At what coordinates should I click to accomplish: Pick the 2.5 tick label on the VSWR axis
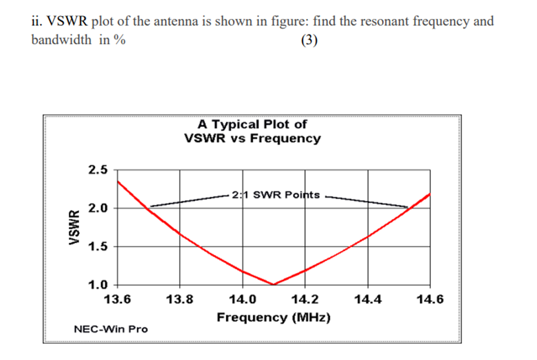click(98, 170)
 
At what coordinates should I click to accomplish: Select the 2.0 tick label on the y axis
click(98, 208)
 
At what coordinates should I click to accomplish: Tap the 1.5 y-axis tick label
click(98, 246)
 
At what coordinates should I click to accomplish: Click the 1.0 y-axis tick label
click(98, 284)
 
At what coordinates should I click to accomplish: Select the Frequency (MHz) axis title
click(273, 317)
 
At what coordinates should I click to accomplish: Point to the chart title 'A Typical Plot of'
click(252, 124)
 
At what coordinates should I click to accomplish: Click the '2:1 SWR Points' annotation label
click(276, 195)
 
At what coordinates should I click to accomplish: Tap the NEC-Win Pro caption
click(111, 329)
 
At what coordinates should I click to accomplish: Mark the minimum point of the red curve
click(274, 284)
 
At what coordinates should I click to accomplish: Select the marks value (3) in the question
click(310, 41)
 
